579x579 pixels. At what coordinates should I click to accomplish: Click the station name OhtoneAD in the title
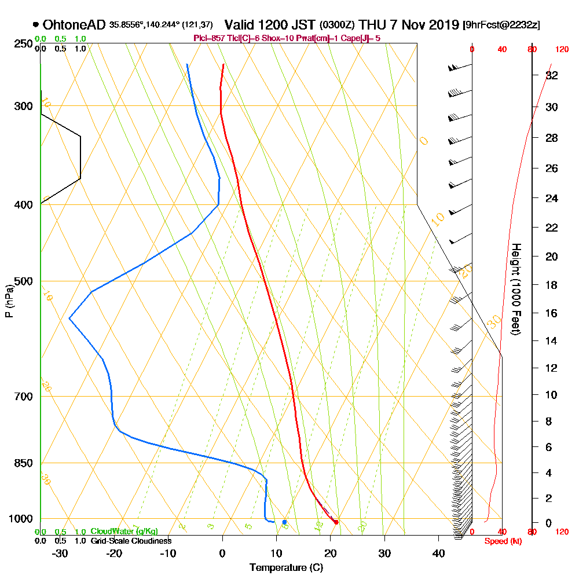click(74, 25)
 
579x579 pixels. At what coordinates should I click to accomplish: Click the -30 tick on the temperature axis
click(60, 554)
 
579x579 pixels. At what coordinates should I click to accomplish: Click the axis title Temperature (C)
click(286, 568)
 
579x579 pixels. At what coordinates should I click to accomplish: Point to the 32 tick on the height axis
click(552, 75)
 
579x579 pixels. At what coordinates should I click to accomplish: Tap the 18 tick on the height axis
click(552, 285)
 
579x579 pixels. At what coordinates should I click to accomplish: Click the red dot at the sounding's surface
click(336, 522)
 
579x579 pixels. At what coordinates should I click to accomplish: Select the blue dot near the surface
click(284, 522)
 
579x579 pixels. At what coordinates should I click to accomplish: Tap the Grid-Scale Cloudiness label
click(131, 541)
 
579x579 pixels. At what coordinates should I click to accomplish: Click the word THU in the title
click(373, 25)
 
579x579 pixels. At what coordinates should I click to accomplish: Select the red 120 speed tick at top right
click(561, 49)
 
